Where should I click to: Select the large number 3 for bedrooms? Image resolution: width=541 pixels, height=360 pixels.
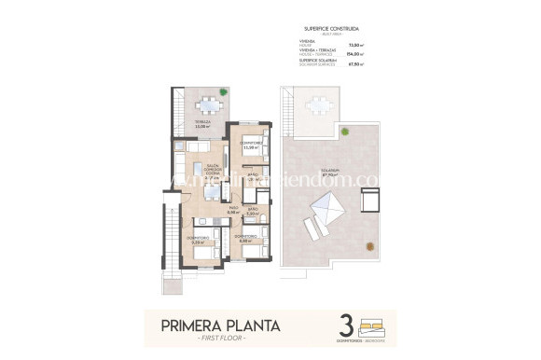[346, 327]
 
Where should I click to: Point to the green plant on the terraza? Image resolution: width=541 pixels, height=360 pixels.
[222, 91]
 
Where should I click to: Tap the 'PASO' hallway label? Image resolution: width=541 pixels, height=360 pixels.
[234, 210]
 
